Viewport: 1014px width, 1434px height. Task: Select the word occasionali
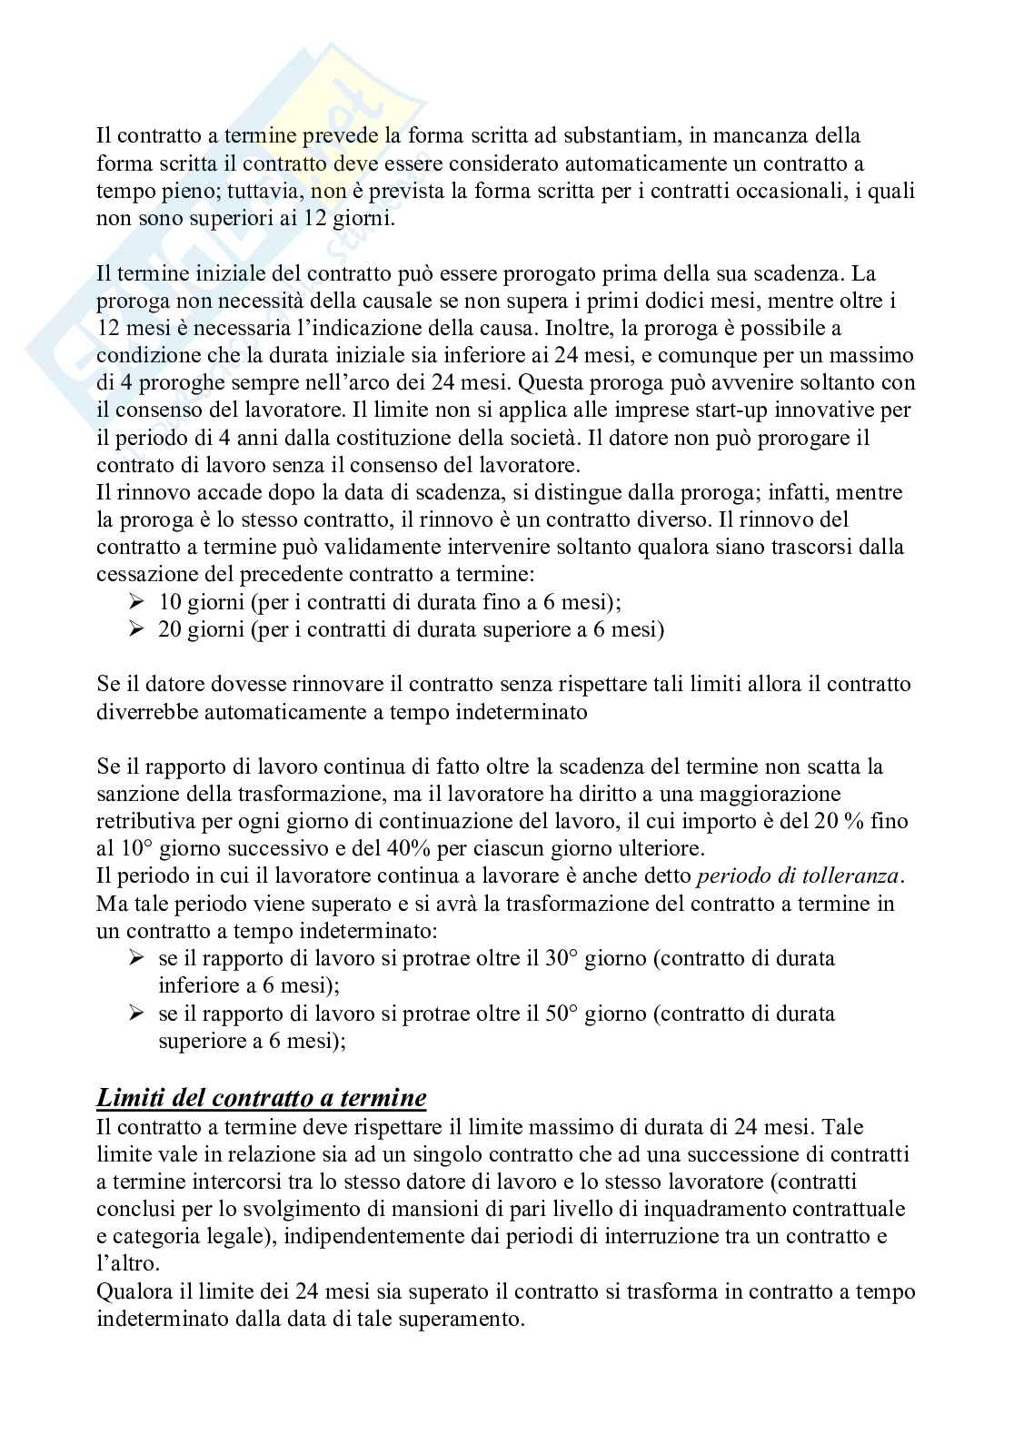coord(785,192)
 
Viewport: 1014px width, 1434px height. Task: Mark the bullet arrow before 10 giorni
coord(138,601)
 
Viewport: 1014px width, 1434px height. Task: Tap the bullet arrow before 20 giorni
coord(138,628)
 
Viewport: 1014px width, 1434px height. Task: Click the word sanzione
coord(135,793)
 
